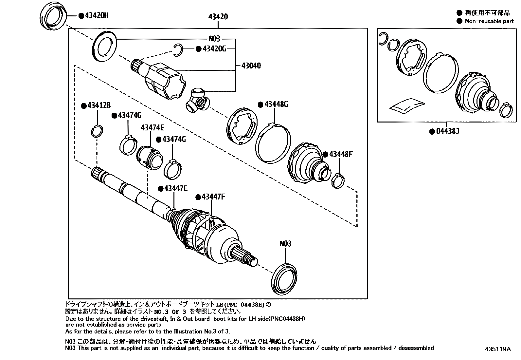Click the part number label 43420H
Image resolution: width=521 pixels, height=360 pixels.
(97, 16)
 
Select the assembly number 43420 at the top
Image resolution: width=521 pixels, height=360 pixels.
(218, 17)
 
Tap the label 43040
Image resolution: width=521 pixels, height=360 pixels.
(251, 66)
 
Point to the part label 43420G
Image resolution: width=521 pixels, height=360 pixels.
(214, 49)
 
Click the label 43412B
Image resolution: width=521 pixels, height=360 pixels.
(99, 105)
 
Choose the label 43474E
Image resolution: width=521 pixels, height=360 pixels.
(153, 128)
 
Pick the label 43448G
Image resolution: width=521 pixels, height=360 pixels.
(276, 104)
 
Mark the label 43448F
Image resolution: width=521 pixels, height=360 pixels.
(341, 154)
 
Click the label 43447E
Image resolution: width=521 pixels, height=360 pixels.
(176, 188)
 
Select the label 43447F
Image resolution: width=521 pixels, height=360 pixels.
(213, 197)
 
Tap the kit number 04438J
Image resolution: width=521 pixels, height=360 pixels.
(448, 131)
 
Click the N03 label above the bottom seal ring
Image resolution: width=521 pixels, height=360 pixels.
(285, 244)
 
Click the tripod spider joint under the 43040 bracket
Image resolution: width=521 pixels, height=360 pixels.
(198, 100)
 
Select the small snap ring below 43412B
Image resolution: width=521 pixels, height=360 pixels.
(97, 131)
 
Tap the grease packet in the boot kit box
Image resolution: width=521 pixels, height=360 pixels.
(407, 106)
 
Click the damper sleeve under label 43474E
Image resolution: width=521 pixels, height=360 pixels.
(149, 158)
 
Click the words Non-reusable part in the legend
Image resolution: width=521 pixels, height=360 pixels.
(489, 21)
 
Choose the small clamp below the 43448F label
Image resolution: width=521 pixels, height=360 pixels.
(338, 181)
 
